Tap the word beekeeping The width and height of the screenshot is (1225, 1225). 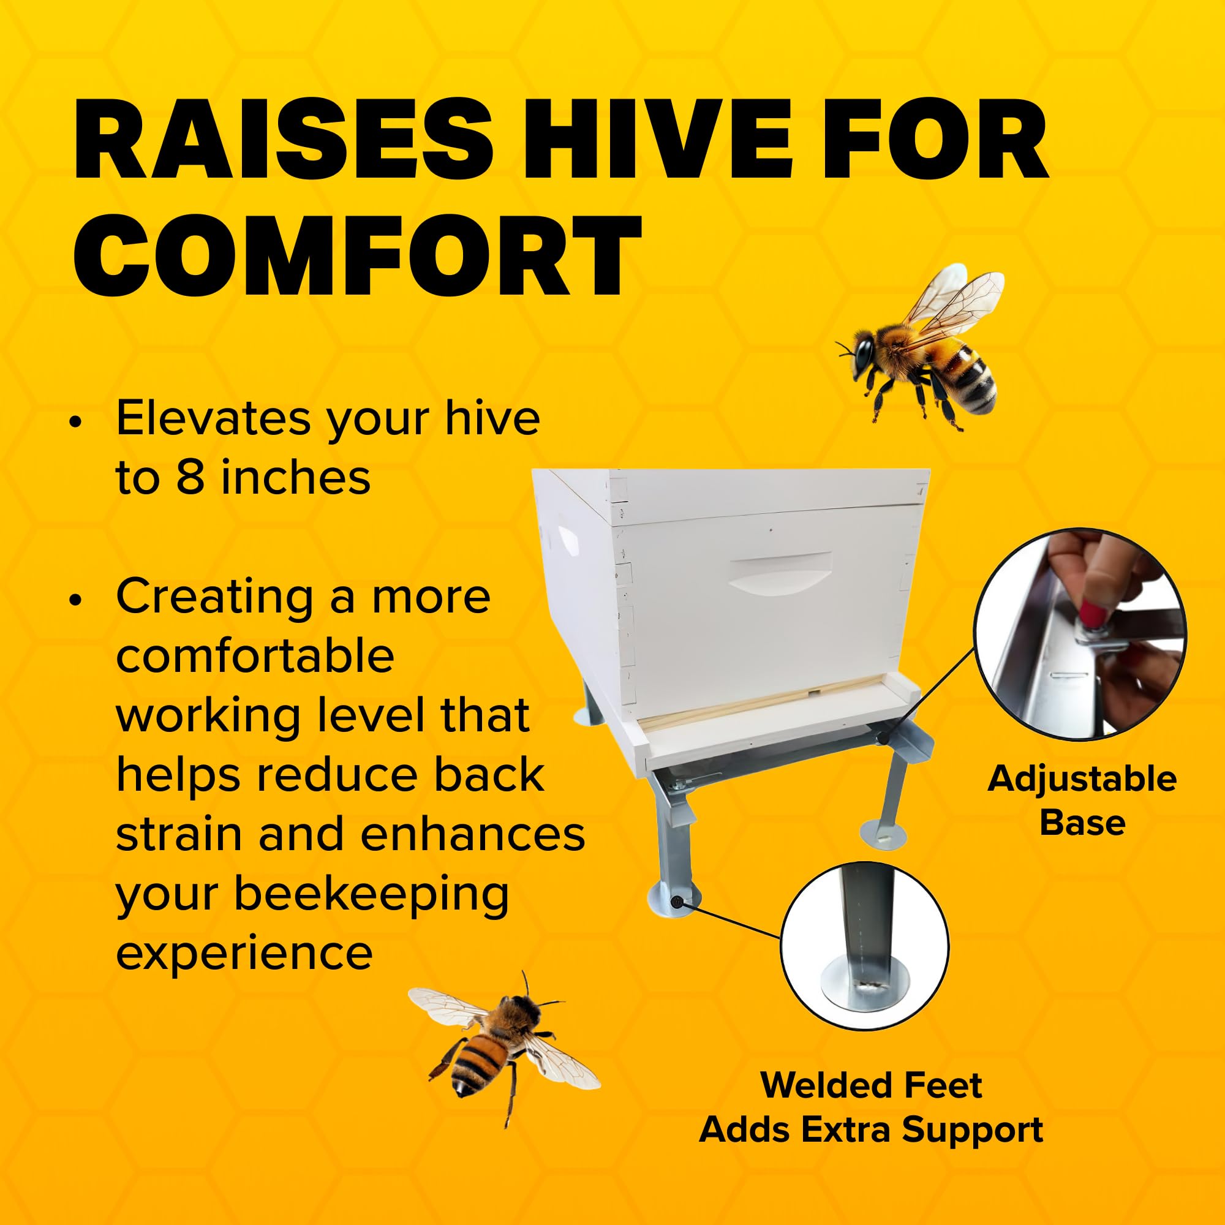[371, 895]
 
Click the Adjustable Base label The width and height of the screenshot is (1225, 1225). [1082, 800]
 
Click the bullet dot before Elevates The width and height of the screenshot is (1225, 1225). [77, 422]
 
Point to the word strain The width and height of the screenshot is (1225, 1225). [179, 835]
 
